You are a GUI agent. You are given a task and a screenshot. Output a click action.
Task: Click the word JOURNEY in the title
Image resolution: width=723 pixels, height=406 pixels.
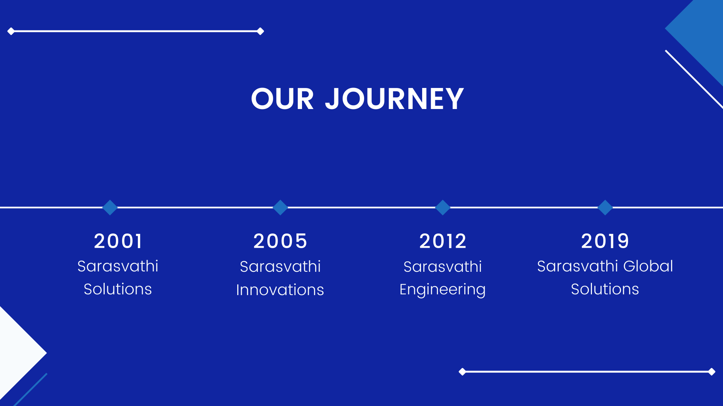pyautogui.click(x=394, y=99)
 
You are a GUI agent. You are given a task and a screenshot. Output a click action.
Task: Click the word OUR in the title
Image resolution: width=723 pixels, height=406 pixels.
pyautogui.click(x=282, y=99)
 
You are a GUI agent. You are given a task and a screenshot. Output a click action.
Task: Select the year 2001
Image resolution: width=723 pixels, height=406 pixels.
pyautogui.click(x=118, y=241)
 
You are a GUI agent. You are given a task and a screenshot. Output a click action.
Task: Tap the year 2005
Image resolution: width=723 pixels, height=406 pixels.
pyautogui.click(x=280, y=241)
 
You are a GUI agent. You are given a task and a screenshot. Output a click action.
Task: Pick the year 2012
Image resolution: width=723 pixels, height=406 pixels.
pyautogui.click(x=443, y=241)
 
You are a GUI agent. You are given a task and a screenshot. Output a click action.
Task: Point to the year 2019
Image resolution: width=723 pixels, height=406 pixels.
pyautogui.click(x=605, y=241)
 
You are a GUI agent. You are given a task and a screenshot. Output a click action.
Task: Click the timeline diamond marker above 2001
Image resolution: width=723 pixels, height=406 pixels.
pyautogui.click(x=110, y=208)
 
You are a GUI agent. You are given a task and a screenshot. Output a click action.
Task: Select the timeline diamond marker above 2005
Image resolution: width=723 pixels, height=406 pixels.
pyautogui.click(x=280, y=208)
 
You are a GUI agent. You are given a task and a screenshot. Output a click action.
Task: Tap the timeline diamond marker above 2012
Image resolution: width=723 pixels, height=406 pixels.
pyautogui.click(x=443, y=208)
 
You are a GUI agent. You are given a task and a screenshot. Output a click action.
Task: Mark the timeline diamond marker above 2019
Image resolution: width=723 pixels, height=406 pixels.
pyautogui.click(x=605, y=208)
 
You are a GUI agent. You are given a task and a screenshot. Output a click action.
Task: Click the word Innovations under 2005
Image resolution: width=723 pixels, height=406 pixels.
pyautogui.click(x=280, y=290)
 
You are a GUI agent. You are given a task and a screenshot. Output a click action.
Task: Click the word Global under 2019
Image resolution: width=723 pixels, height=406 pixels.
pyautogui.click(x=648, y=266)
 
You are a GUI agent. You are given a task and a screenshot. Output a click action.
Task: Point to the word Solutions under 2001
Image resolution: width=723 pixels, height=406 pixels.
pyautogui.click(x=118, y=289)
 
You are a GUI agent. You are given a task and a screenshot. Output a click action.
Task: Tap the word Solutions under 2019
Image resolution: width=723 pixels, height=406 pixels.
pyautogui.click(x=605, y=289)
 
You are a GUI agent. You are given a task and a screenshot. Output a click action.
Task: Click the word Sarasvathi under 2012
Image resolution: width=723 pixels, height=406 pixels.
pyautogui.click(x=443, y=267)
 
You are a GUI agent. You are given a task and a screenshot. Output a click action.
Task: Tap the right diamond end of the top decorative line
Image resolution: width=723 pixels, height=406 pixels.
pyautogui.click(x=260, y=31)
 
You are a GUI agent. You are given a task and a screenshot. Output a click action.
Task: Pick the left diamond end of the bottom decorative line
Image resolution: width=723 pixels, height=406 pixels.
pyautogui.click(x=462, y=372)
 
